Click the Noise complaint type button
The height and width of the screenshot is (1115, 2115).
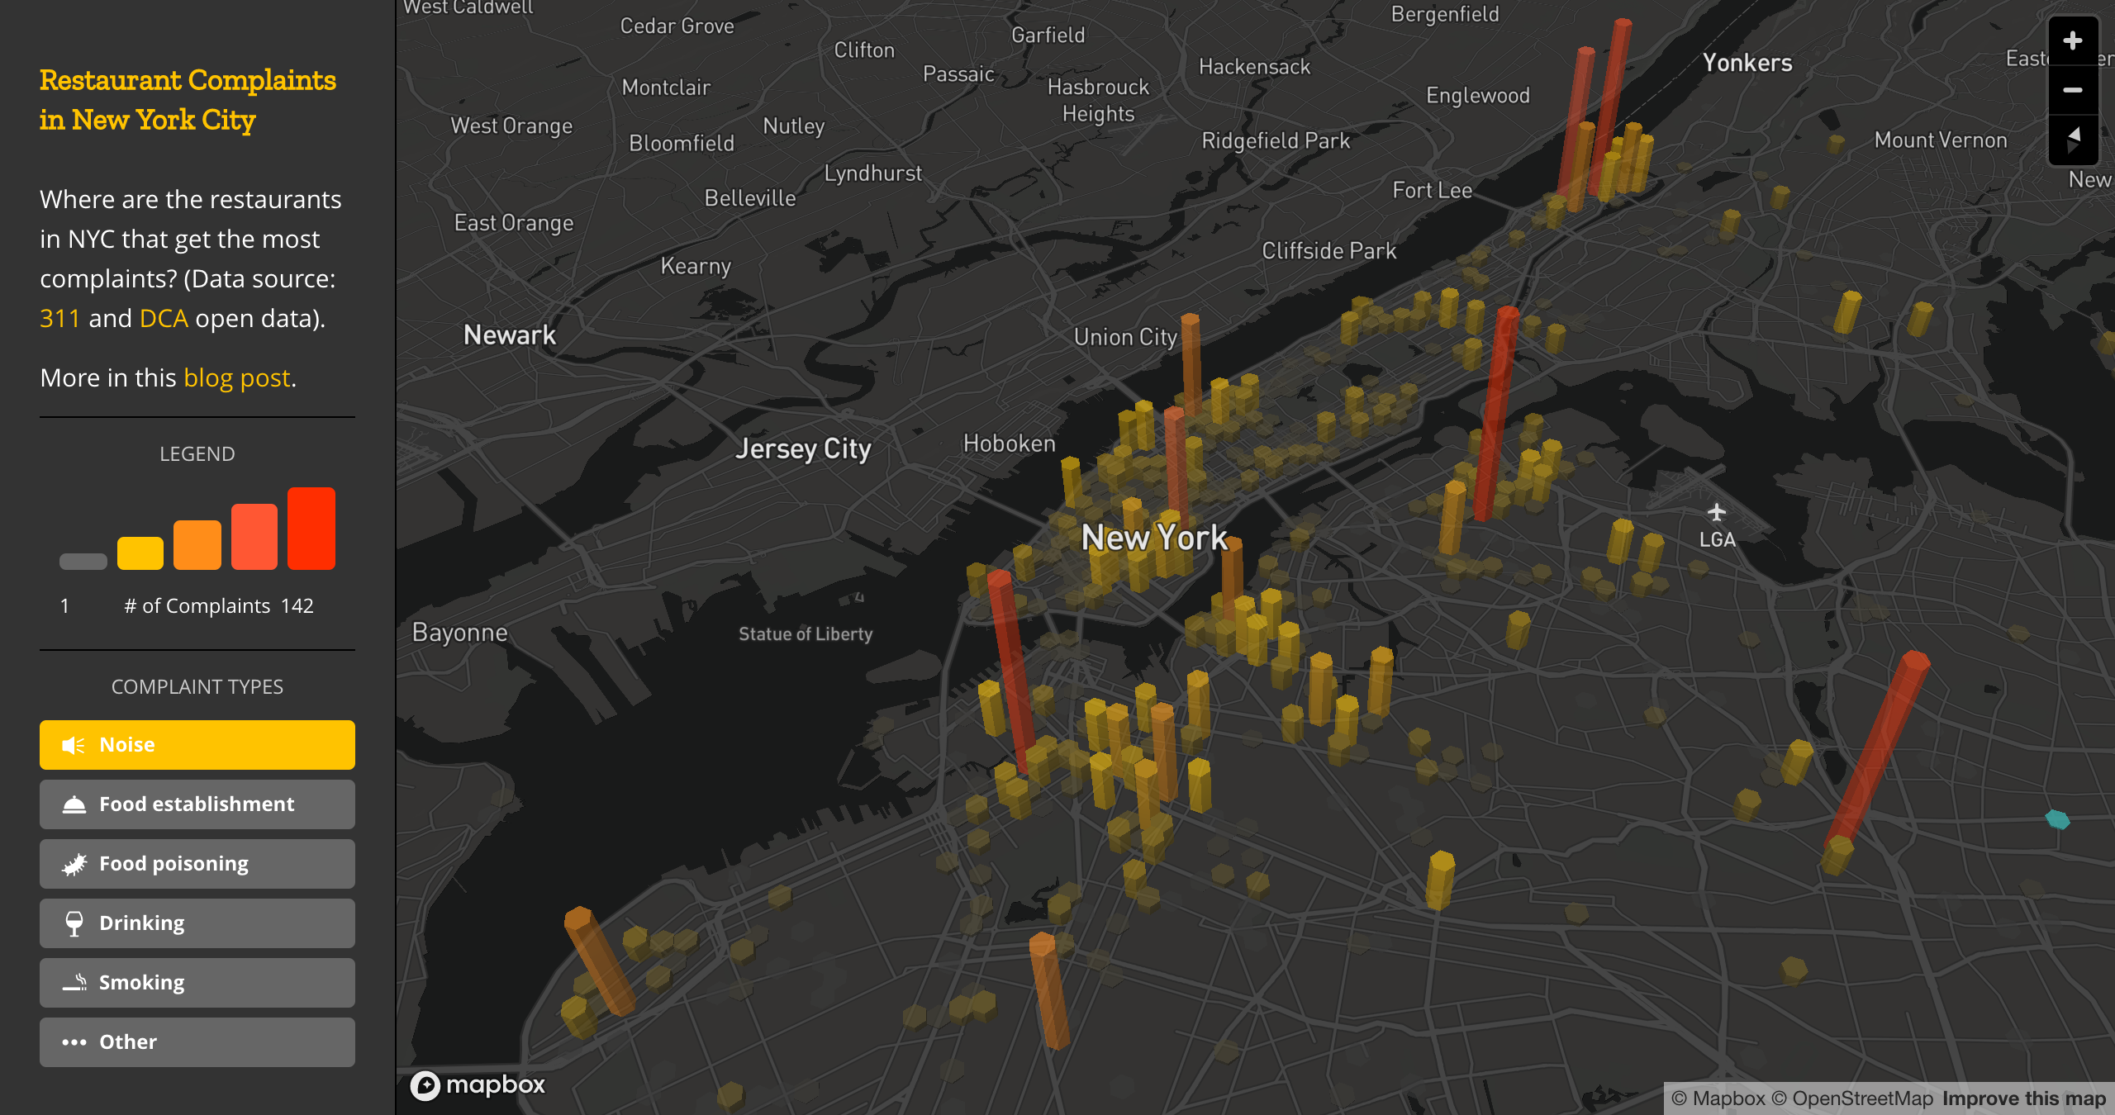point(197,745)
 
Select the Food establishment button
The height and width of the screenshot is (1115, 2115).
point(197,804)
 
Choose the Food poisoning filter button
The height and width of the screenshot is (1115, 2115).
point(197,864)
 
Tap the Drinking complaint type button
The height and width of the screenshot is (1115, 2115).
point(197,923)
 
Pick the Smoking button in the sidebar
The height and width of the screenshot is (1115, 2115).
point(197,983)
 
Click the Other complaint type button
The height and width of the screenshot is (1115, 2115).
point(197,1042)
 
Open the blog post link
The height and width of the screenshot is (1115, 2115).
point(236,378)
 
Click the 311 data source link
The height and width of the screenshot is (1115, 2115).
point(59,319)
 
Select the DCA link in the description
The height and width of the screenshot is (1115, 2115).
point(164,319)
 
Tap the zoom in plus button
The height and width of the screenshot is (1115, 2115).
point(2072,40)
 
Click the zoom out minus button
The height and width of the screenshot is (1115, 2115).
point(2072,90)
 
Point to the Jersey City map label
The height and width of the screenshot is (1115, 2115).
point(803,448)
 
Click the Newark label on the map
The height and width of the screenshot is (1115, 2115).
point(510,335)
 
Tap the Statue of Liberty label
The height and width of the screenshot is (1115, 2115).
point(806,634)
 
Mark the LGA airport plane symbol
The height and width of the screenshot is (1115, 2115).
point(1717,513)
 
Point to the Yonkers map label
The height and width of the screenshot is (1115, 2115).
point(1747,64)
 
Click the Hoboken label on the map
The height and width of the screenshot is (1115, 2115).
point(1010,444)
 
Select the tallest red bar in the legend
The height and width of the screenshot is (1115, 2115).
point(311,529)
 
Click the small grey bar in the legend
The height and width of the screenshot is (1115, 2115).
point(83,562)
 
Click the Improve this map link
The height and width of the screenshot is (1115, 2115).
point(2024,1098)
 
